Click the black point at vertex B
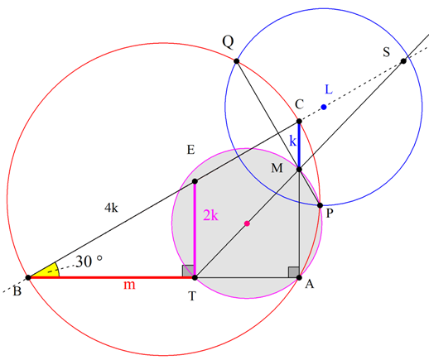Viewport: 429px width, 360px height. (28, 277)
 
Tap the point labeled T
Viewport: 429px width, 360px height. (195, 277)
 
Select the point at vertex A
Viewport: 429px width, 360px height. (299, 277)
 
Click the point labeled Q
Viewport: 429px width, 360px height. (237, 61)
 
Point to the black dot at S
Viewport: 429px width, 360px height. (403, 61)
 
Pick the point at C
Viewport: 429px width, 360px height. (299, 121)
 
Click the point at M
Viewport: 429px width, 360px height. (299, 169)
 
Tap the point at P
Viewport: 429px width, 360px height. (321, 205)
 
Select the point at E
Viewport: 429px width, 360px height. (195, 181)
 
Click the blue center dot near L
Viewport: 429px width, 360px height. (324, 107)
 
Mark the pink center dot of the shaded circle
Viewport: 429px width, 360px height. (247, 223)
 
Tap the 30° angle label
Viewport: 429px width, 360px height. (89, 262)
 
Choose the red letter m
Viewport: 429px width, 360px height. (129, 285)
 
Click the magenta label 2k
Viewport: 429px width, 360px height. (210, 215)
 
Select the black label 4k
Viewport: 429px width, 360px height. (111, 207)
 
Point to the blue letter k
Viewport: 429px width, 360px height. (292, 141)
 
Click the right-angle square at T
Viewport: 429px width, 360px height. (188, 271)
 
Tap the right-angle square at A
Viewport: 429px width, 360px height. (293, 272)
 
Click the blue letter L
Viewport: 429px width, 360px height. (329, 89)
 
